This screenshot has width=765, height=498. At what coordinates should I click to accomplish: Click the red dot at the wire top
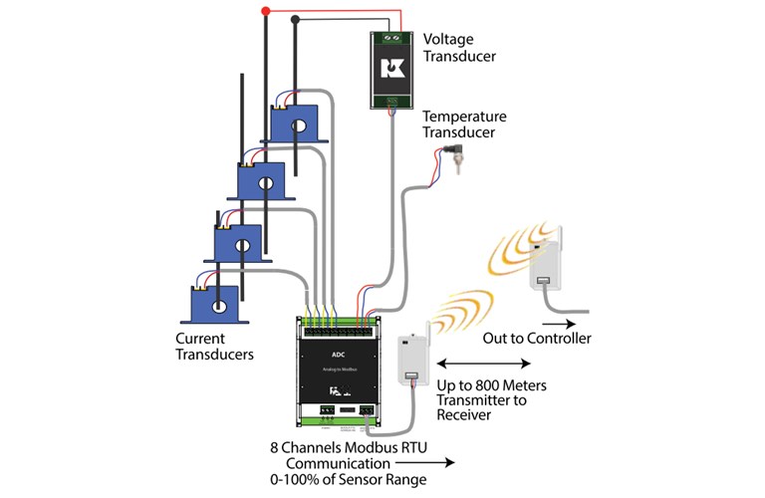(265, 12)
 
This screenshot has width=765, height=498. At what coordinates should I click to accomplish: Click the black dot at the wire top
(296, 18)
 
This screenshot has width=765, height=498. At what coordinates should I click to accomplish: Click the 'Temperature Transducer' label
(464, 124)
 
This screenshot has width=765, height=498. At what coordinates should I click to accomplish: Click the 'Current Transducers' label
(214, 347)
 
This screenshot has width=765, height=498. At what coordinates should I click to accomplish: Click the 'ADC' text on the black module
(339, 352)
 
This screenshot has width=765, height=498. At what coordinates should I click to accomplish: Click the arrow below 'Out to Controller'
(557, 323)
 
